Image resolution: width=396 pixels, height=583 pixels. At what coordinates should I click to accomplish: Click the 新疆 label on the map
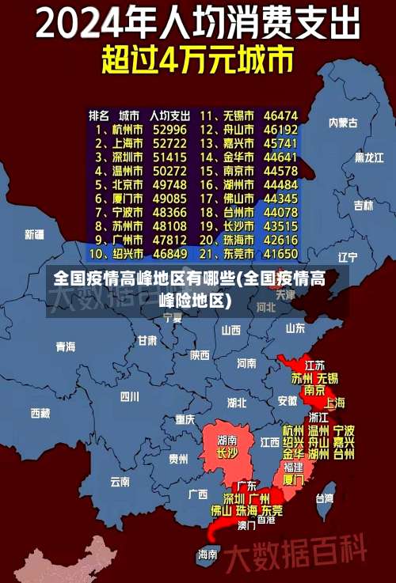(x=34, y=234)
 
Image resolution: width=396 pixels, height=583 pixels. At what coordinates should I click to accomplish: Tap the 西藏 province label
(x=40, y=412)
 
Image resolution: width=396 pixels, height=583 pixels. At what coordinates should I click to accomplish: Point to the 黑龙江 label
(x=368, y=157)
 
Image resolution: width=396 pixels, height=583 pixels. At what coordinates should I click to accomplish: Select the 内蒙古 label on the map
(x=343, y=123)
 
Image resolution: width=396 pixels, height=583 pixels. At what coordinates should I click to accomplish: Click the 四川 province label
(x=129, y=396)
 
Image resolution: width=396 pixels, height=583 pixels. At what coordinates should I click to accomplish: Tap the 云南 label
(x=120, y=481)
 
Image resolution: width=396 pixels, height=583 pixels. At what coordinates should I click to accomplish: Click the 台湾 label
(x=325, y=498)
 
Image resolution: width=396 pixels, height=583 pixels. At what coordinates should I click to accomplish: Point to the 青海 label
(x=65, y=346)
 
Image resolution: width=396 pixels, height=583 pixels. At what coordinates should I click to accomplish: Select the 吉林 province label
(x=363, y=206)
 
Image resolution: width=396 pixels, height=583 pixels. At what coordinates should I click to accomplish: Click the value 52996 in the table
(x=169, y=129)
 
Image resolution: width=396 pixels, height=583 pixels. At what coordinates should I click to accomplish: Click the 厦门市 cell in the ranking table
(x=125, y=199)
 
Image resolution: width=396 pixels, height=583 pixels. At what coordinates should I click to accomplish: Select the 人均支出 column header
(x=169, y=115)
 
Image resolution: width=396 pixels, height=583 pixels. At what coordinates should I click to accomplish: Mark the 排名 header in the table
(x=98, y=115)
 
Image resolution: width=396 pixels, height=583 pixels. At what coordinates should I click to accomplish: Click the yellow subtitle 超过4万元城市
(x=197, y=60)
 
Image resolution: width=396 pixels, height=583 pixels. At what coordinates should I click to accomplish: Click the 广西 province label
(x=198, y=494)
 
